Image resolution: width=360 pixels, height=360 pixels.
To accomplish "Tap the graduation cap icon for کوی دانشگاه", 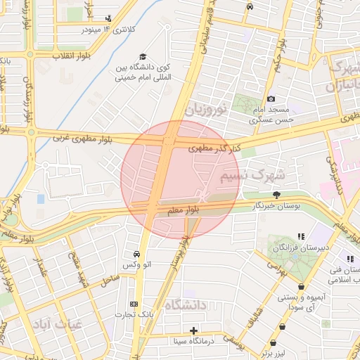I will click(x=143, y=56).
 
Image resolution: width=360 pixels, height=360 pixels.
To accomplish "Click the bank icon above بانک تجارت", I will click(x=134, y=303).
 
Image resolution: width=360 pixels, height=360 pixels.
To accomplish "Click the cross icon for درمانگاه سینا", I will click(x=194, y=330).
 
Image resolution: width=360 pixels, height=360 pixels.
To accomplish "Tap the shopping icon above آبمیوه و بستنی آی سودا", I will click(x=302, y=287).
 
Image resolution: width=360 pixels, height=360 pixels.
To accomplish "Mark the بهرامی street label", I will click(x=272, y=265).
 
